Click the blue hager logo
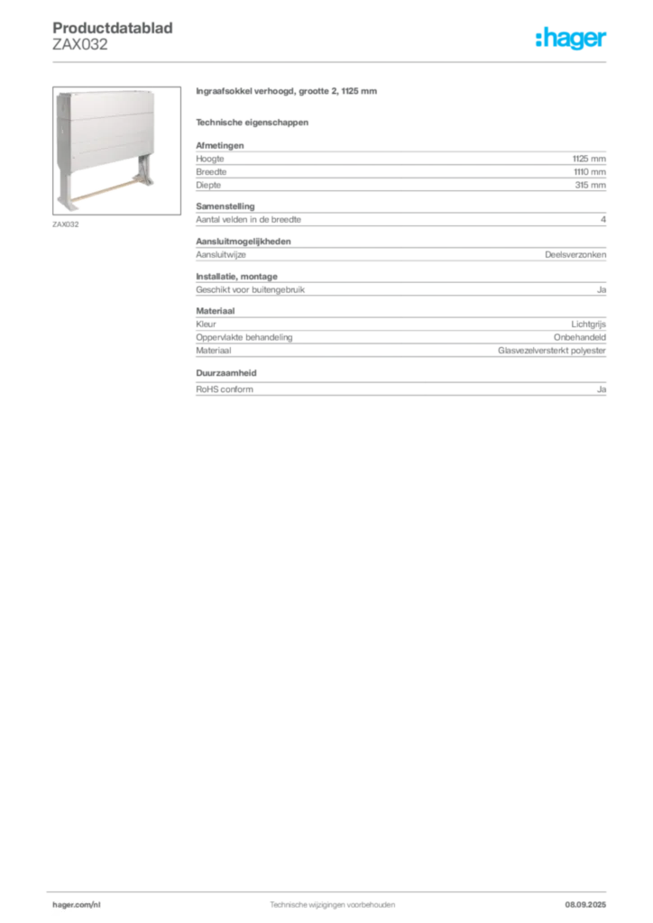tap(572, 40)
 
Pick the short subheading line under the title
tap(253, 121)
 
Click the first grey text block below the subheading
tap(400, 165)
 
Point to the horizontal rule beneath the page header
tap(332, 61)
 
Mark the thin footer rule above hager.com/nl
tap(332, 891)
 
